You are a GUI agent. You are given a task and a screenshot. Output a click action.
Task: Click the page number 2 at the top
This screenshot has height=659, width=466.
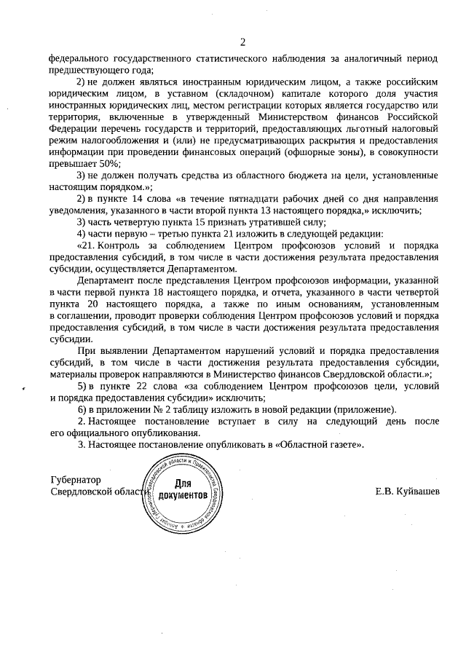243,41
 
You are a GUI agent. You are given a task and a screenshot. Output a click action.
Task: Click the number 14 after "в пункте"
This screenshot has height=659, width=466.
145,199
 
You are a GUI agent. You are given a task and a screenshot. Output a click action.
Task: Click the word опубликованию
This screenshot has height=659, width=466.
135,433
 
